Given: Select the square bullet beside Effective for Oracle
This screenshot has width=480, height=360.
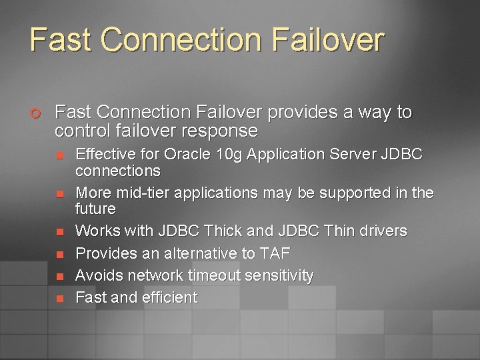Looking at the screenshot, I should (59, 156).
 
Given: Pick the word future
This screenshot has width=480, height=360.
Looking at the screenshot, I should (96, 209).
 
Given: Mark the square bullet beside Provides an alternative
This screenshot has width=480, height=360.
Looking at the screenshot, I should (59, 254).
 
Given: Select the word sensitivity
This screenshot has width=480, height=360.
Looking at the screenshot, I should (280, 275).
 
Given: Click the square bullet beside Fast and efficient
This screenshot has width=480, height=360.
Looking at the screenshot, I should (59, 299).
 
